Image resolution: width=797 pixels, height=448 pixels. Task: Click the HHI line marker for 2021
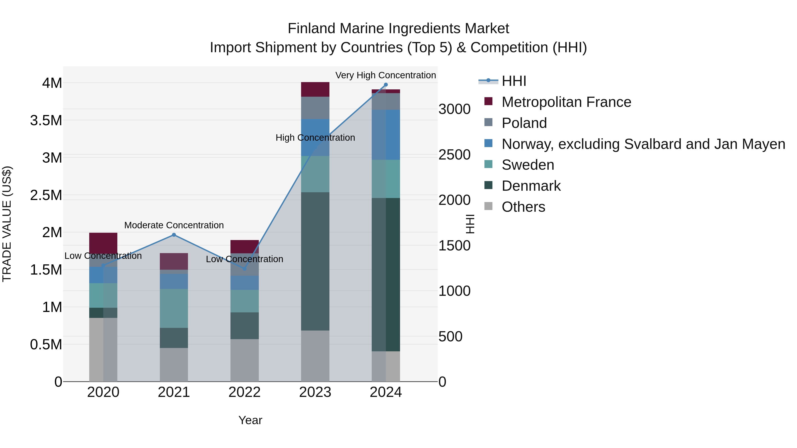pyautogui.click(x=174, y=235)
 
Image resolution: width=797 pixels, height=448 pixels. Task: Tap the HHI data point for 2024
pyautogui.click(x=386, y=85)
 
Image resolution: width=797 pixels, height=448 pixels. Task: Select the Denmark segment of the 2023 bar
pyautogui.click(x=315, y=261)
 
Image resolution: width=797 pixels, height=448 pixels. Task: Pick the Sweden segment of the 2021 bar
pyautogui.click(x=174, y=308)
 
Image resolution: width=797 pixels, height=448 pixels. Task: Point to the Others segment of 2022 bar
pyautogui.click(x=244, y=360)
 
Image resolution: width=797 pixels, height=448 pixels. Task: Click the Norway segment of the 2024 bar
pyautogui.click(x=386, y=135)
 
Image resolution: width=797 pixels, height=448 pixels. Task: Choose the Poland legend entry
pyautogui.click(x=524, y=123)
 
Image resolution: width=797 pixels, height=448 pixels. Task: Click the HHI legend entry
pyautogui.click(x=514, y=81)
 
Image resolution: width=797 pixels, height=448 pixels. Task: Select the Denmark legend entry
pyautogui.click(x=531, y=186)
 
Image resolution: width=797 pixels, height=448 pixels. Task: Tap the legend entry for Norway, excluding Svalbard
pyautogui.click(x=643, y=144)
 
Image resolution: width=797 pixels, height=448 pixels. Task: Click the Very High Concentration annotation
pyautogui.click(x=385, y=75)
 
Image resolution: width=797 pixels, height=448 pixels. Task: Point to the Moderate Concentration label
pyautogui.click(x=174, y=225)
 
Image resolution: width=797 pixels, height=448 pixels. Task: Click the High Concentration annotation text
pyautogui.click(x=315, y=138)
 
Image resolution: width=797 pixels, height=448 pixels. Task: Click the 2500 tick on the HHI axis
pyautogui.click(x=454, y=155)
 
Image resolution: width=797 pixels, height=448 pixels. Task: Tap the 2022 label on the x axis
pyautogui.click(x=244, y=392)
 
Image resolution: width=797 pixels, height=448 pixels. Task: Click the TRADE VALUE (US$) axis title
pyautogui.click(x=7, y=224)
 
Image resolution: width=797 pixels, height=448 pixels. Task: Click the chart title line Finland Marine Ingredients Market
pyautogui.click(x=398, y=29)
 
